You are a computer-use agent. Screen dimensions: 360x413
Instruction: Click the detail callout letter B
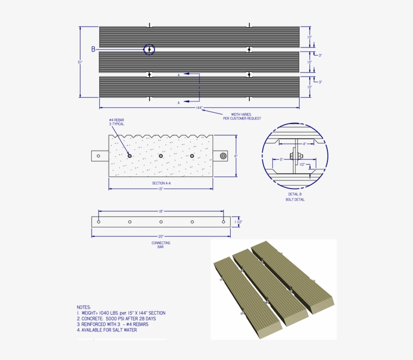coord(93,49)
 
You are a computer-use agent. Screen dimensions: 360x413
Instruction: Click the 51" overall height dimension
coord(80,62)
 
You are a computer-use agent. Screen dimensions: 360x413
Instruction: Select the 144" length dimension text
coord(199,108)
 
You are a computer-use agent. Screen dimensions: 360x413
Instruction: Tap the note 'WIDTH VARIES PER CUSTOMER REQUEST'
coord(241,116)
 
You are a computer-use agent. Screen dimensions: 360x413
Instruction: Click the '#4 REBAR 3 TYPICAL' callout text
coord(116,122)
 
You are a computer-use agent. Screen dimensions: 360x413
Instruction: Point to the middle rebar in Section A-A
coord(161,156)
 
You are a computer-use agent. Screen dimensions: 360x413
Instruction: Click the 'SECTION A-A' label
coord(162,183)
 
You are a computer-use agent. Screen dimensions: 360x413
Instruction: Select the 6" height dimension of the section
coord(236,156)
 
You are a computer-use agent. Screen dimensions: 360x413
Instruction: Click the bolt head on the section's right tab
coord(223,156)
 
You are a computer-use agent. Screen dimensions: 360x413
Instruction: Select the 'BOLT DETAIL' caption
coord(295,200)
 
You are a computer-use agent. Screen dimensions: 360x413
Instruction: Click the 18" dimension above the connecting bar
coord(161,212)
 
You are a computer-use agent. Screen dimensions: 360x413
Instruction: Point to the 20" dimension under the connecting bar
coord(161,236)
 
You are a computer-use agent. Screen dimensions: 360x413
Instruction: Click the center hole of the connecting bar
coord(161,222)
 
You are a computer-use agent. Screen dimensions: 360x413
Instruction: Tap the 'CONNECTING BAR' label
coord(161,245)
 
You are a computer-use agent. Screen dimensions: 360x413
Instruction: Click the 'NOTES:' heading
coord(84,307)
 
